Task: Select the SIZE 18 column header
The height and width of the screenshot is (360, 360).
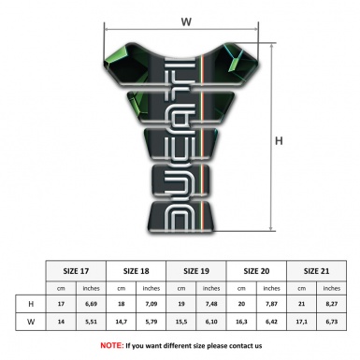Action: point(137,270)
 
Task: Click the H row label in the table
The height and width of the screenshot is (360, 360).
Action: point(32,304)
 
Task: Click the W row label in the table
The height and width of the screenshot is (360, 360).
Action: point(32,323)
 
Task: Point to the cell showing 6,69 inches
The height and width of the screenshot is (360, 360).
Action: point(92,304)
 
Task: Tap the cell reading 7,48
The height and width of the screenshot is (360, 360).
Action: point(212,304)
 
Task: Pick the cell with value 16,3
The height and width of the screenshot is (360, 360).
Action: point(242,323)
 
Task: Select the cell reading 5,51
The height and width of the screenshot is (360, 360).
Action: point(92,323)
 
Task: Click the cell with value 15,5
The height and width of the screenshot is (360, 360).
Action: point(182,323)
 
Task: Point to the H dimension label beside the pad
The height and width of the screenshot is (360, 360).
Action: point(279,141)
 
